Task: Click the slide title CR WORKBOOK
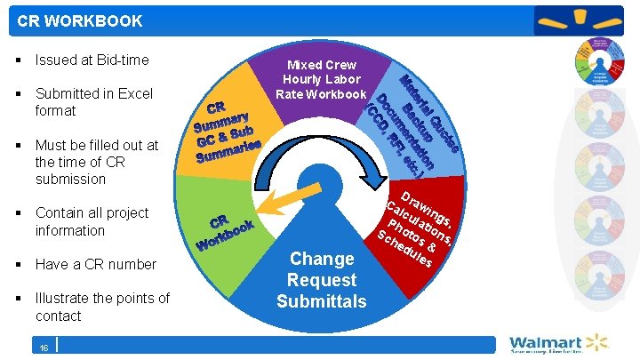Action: (80, 20)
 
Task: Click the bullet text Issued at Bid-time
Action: (92, 60)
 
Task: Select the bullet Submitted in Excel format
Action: (93, 102)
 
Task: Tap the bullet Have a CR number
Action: (95, 264)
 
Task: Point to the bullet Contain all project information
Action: (92, 221)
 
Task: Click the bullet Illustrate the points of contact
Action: (102, 307)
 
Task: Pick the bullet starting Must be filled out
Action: (96, 162)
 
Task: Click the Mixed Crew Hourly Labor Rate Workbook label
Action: (321, 80)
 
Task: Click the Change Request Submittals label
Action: (321, 280)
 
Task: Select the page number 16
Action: (44, 348)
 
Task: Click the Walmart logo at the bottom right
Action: (558, 344)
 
